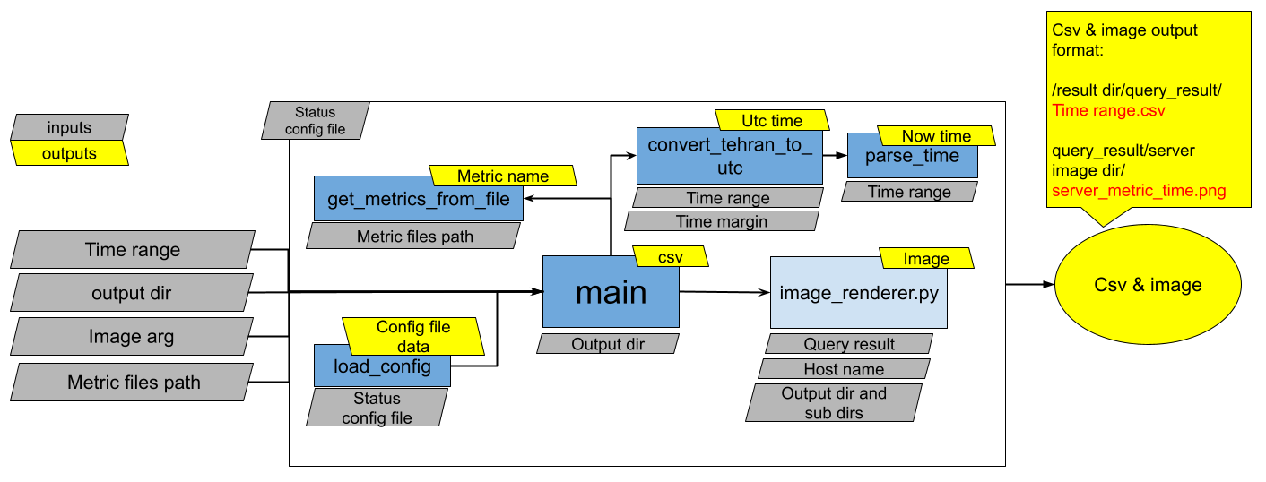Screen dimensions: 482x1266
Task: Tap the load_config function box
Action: pos(382,368)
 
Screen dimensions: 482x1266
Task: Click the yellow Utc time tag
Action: pos(772,120)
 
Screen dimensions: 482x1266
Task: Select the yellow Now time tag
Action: pos(936,136)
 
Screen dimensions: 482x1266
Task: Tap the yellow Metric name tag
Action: pos(502,176)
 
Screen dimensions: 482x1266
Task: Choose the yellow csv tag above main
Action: pos(671,257)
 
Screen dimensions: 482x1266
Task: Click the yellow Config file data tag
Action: pos(413,336)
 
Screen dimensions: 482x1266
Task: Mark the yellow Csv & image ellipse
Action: pos(1148,285)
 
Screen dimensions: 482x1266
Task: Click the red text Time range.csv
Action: pos(1108,110)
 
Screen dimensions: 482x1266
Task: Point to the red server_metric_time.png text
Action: pos(1139,191)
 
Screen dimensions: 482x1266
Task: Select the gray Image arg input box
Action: pos(131,337)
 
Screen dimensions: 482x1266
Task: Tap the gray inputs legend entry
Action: pos(69,127)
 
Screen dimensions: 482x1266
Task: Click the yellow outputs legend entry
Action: pos(69,153)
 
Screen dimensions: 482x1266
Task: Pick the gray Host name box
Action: pos(844,369)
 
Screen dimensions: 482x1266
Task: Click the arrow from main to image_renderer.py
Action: pos(722,292)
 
